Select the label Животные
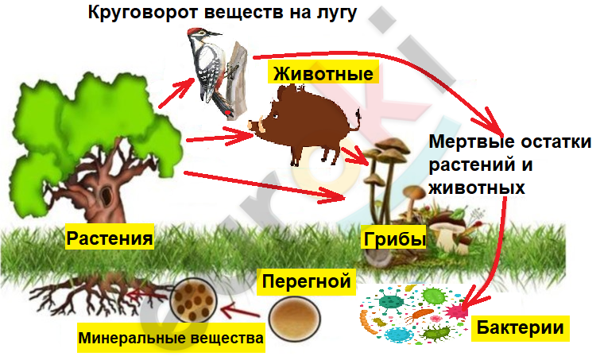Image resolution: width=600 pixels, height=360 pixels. click(x=323, y=73)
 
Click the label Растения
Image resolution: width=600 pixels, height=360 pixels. click(x=110, y=238)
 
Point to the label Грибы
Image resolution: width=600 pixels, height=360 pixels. click(x=394, y=239)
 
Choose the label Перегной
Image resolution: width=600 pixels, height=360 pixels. click(x=306, y=281)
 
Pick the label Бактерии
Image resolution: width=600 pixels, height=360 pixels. click(x=520, y=327)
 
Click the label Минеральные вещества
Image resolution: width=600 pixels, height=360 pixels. click(x=171, y=338)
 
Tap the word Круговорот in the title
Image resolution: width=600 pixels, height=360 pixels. click(x=144, y=12)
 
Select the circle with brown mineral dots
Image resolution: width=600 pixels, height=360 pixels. click(x=194, y=300)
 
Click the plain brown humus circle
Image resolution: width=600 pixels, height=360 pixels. click(x=294, y=319)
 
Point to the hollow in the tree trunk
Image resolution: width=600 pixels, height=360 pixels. click(x=106, y=194)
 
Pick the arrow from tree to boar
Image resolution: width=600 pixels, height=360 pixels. click(x=220, y=137)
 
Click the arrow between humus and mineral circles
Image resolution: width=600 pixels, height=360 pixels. click(x=240, y=310)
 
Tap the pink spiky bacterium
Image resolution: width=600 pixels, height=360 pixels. click(x=455, y=312)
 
